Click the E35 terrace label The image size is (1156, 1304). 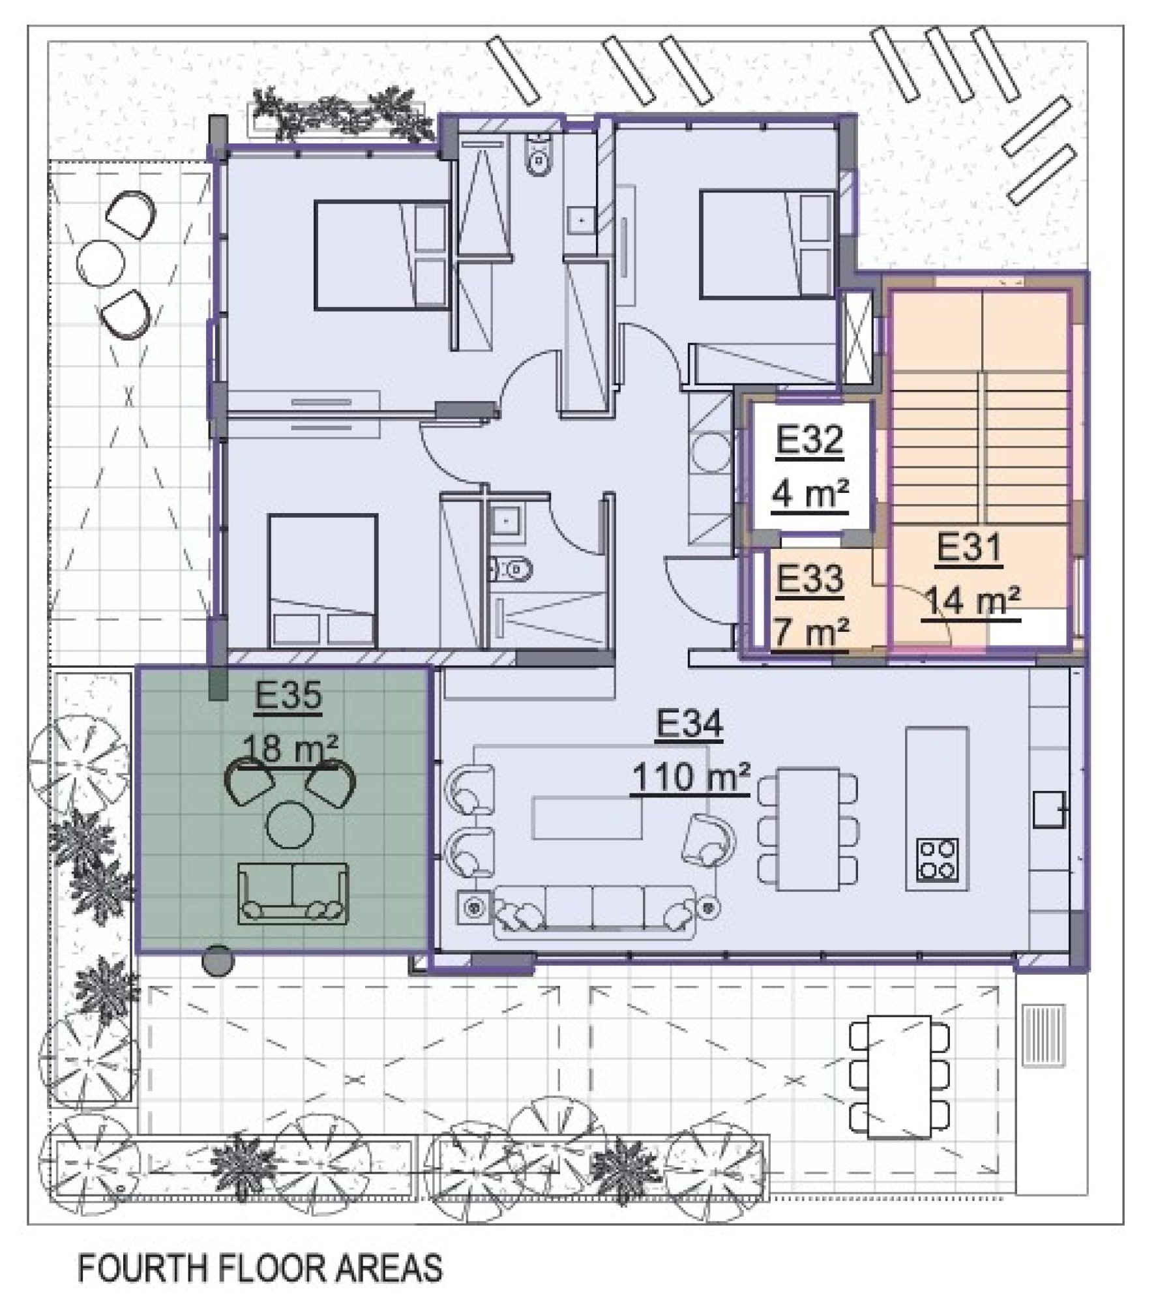tap(288, 696)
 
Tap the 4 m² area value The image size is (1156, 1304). tap(809, 496)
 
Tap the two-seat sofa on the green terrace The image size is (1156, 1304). tap(293, 893)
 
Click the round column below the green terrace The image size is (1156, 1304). tap(216, 960)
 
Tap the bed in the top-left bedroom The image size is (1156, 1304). tap(381, 254)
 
